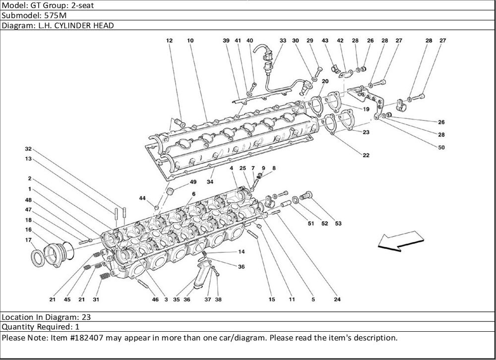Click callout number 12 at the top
pos(169,40)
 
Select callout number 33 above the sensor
pos(283,40)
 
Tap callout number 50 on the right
pos(441,147)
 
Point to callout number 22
pos(366,155)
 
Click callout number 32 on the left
pos(28,149)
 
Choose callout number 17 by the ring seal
pos(29,240)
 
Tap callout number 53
pos(338,224)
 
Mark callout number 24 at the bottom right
pos(337,300)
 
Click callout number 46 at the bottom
pos(155,300)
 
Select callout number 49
pos(193,182)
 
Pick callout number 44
pos(142,198)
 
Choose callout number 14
pos(241,252)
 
